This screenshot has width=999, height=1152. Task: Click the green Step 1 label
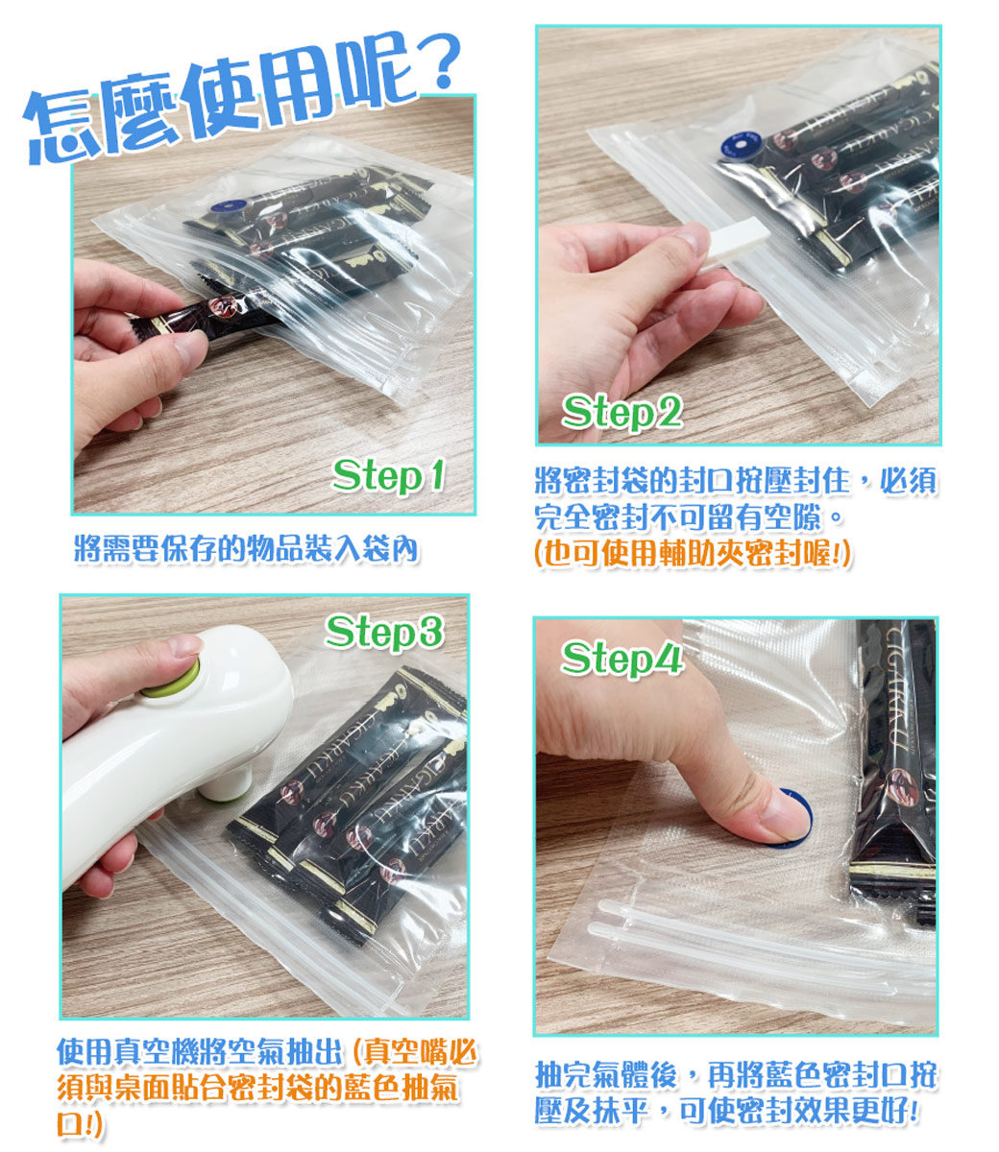[388, 477]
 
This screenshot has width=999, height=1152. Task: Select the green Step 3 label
[385, 633]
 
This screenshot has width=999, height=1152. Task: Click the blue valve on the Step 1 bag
[229, 205]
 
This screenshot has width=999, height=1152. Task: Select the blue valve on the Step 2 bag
[740, 146]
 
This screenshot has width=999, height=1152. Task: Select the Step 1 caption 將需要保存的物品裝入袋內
[246, 549]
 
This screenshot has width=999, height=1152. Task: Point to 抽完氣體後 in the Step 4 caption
[606, 1075]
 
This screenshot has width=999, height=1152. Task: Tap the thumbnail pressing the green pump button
[184, 646]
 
